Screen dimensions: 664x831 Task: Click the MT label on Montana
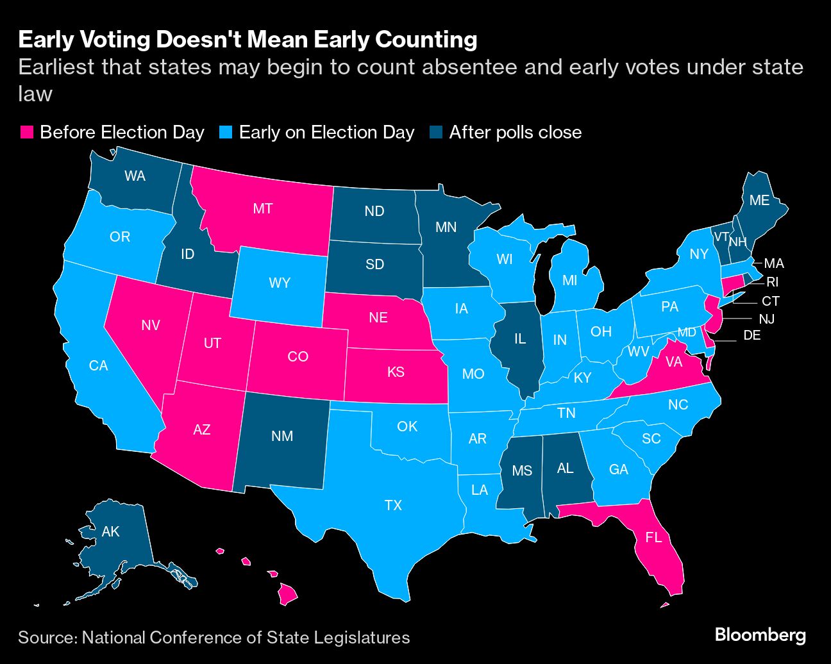pos(263,208)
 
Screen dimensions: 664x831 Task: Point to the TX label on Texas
pos(393,505)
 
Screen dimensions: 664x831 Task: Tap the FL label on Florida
pos(653,537)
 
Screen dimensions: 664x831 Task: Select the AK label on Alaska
pos(111,531)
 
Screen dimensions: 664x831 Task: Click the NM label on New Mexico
pos(282,436)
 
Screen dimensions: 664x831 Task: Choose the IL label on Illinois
pos(519,338)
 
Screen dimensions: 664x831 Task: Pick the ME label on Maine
pos(759,201)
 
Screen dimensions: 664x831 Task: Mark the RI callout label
pos(772,282)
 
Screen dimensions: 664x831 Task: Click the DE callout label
pos(751,335)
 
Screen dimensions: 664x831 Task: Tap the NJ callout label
pos(766,319)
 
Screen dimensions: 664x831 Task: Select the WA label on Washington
pos(135,176)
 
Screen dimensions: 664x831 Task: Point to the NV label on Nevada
pos(151,325)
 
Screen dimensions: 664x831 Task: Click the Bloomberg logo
pos(760,635)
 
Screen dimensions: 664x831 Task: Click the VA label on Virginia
pos(673,362)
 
